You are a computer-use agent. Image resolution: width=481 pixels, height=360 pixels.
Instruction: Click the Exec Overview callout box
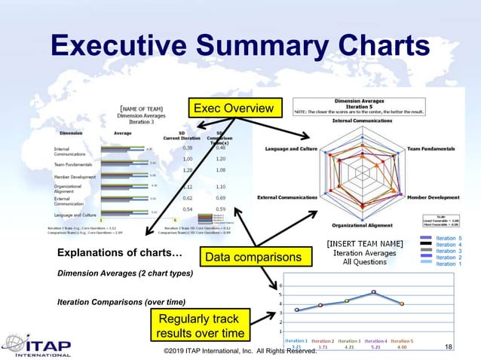point(234,109)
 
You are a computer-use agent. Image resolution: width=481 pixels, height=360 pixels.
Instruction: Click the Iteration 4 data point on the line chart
point(373,292)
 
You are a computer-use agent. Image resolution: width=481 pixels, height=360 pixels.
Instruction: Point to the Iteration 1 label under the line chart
point(296,341)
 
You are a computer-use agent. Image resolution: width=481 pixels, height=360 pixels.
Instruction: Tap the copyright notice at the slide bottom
point(240,351)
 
